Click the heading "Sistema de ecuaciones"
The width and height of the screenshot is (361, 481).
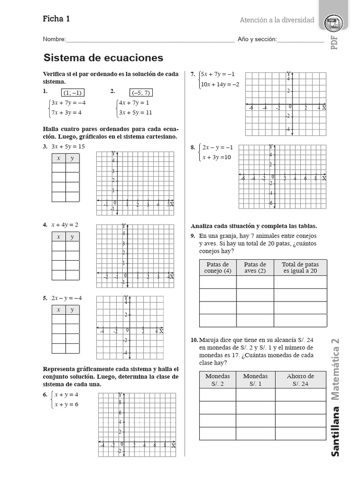coord(103,58)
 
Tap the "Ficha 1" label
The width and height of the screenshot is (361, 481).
coord(56,19)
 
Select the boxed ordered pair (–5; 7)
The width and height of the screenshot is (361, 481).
coord(141,93)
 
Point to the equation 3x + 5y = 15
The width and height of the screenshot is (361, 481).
coord(68,147)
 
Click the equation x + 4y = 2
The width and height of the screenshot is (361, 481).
coord(65,225)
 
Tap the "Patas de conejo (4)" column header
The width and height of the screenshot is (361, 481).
coord(218,268)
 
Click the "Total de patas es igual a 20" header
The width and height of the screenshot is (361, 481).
coord(300,268)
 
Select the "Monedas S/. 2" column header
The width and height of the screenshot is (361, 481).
coord(218,380)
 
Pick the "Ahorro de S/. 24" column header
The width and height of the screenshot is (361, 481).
coord(300,380)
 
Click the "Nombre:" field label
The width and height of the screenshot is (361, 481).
coord(55,39)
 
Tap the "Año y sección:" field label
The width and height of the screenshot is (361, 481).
coord(257,39)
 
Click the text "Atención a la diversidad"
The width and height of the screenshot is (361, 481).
coord(277,20)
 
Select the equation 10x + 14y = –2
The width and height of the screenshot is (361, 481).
coord(220,85)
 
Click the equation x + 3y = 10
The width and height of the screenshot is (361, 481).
coord(217,157)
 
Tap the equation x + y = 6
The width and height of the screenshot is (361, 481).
coord(67,404)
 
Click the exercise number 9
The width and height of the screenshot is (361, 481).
coord(193,236)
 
